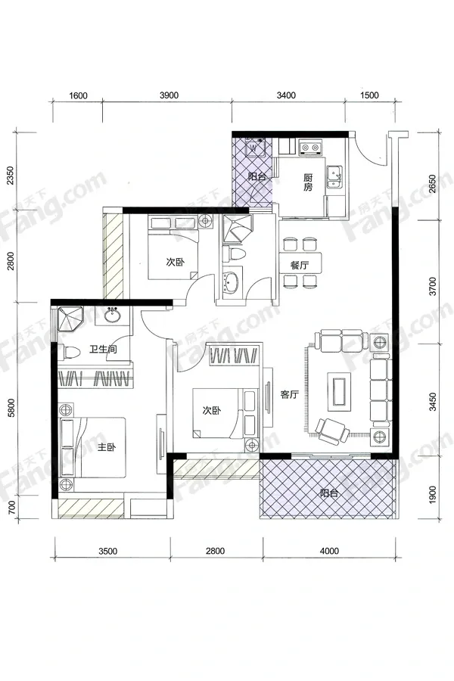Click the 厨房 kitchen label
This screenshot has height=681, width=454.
[308, 182]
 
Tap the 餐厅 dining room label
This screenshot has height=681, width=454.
[300, 266]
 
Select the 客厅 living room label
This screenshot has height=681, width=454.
[289, 394]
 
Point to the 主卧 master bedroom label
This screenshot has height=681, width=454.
[107, 447]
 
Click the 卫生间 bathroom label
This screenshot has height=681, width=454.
[103, 349]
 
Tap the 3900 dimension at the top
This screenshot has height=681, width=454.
[169, 95]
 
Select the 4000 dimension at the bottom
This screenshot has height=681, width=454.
[329, 551]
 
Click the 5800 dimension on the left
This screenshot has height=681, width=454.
[12, 409]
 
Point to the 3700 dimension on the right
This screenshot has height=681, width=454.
[432, 286]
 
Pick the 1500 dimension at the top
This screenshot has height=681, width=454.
[370, 95]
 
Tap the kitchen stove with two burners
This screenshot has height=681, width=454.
[309, 148]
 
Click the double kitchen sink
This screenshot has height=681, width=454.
[334, 178]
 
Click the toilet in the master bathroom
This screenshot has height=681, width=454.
[70, 352]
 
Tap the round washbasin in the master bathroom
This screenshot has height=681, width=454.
[113, 315]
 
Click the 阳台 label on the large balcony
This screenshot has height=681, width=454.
[329, 493]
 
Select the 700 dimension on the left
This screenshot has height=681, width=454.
[12, 507]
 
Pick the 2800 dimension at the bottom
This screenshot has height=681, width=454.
[216, 551]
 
